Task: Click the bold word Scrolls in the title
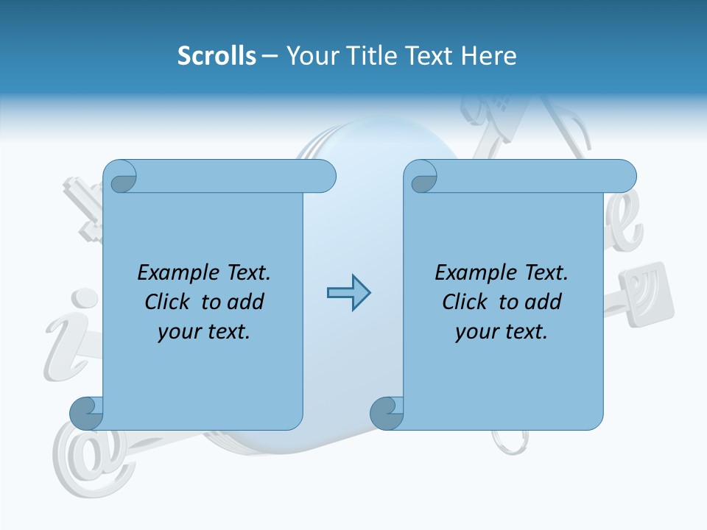(217, 56)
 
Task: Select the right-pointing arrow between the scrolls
(348, 293)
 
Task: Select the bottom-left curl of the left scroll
(85, 413)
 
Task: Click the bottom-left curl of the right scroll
(386, 413)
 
